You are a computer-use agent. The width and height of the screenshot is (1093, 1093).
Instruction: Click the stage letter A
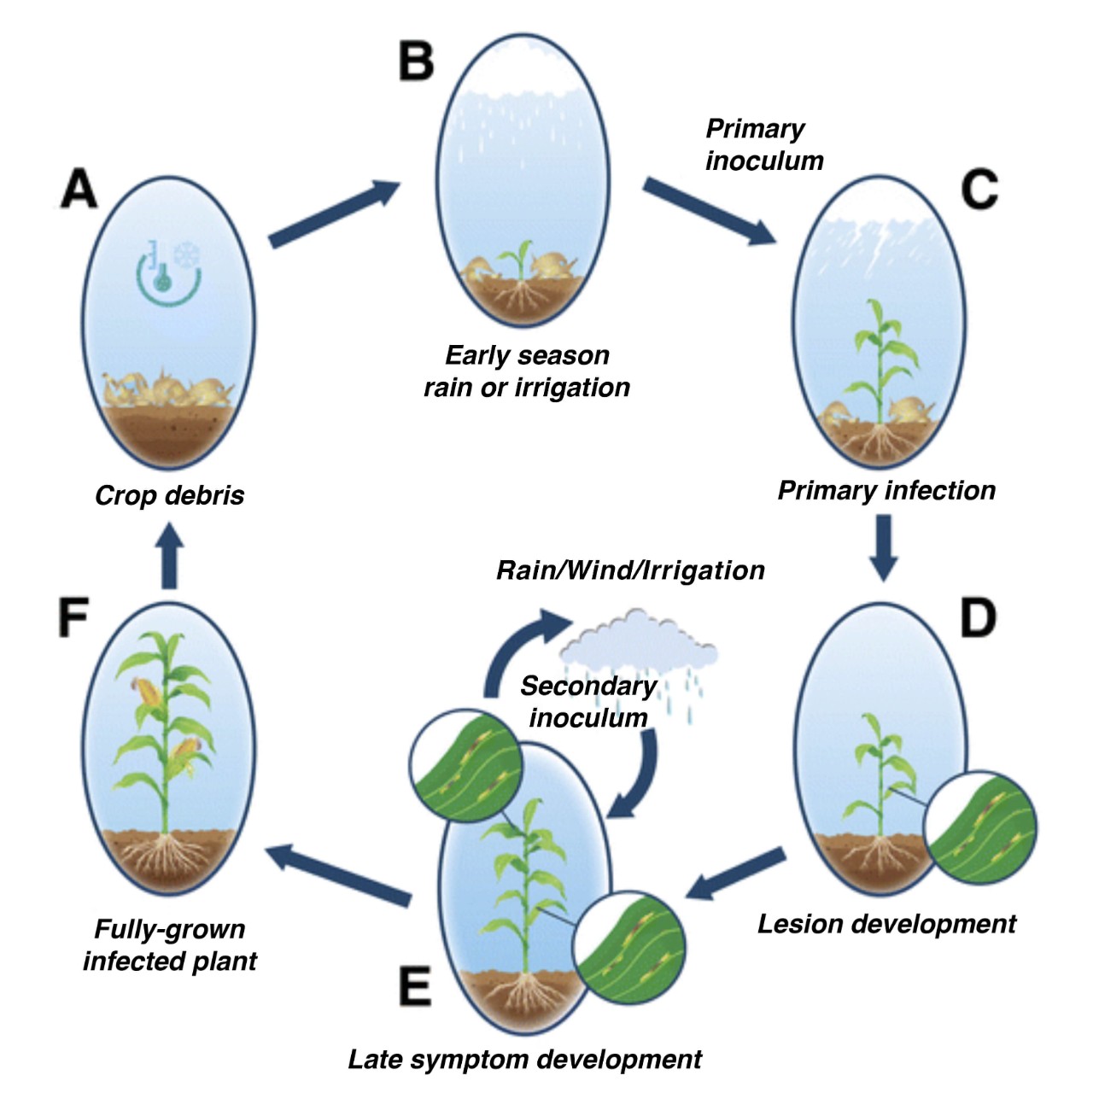click(79, 189)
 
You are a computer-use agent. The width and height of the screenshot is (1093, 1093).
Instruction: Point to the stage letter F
click(73, 617)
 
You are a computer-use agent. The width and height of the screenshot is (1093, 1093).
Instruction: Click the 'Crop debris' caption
click(169, 495)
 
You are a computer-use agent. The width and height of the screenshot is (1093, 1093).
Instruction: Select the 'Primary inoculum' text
click(763, 145)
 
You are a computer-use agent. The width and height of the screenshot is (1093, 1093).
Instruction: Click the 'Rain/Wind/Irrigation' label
click(630, 570)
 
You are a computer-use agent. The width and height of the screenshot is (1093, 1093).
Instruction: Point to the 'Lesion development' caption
click(886, 924)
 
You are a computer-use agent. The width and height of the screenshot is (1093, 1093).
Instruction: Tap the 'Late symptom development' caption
click(524, 1060)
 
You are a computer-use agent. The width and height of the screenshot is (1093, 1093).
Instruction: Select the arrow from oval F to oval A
click(170, 555)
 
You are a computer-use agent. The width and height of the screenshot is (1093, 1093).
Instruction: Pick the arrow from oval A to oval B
click(333, 213)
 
